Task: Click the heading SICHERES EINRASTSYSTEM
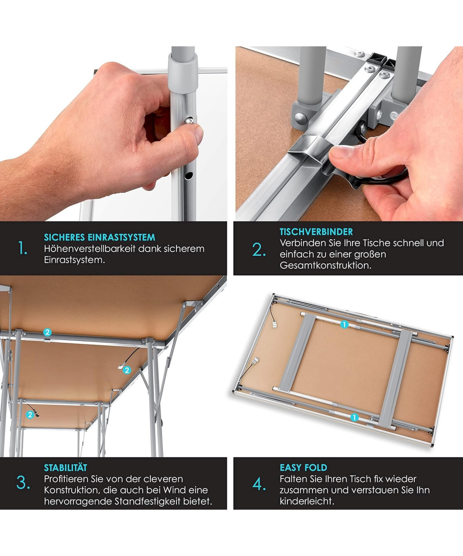(x=100, y=237)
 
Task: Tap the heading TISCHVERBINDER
(x=316, y=231)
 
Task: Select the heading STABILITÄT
(x=65, y=468)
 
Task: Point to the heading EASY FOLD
(x=303, y=468)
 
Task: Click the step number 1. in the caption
(x=23, y=248)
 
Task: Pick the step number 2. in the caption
(x=259, y=250)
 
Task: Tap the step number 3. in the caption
(x=23, y=482)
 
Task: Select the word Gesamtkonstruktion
(x=325, y=265)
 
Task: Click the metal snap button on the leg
(x=189, y=120)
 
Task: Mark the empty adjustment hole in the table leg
(x=188, y=175)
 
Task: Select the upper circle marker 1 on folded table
(x=344, y=324)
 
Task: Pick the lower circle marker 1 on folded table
(x=354, y=417)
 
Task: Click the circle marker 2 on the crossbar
(x=47, y=332)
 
